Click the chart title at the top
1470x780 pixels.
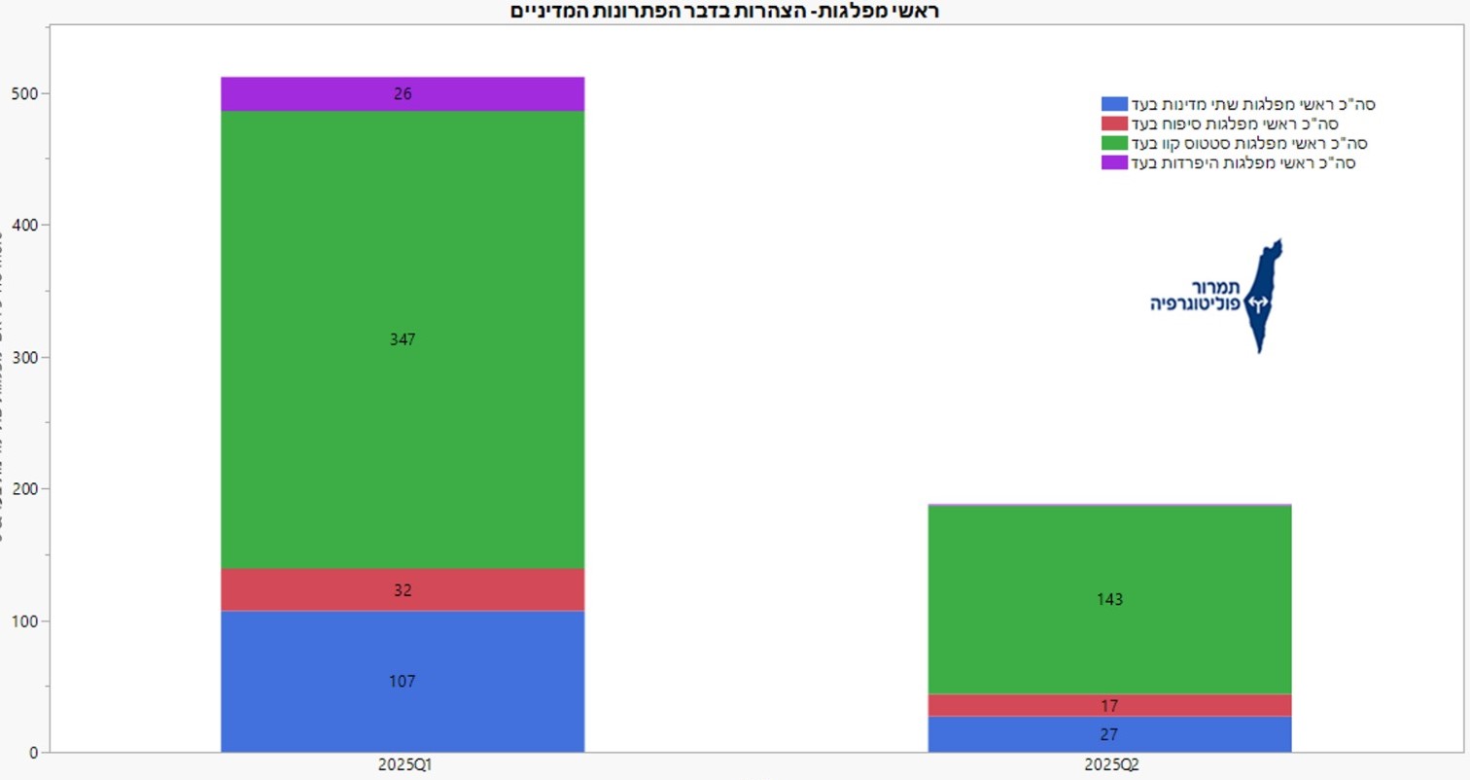click(725, 12)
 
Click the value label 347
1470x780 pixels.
click(402, 339)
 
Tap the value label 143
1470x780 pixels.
click(1109, 599)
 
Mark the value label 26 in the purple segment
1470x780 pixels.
click(402, 94)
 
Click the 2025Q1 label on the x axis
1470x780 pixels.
click(402, 765)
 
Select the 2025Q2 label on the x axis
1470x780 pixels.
click(1109, 765)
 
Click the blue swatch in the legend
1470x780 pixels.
click(1114, 104)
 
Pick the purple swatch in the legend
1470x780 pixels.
click(1114, 162)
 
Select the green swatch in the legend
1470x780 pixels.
click(1114, 143)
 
